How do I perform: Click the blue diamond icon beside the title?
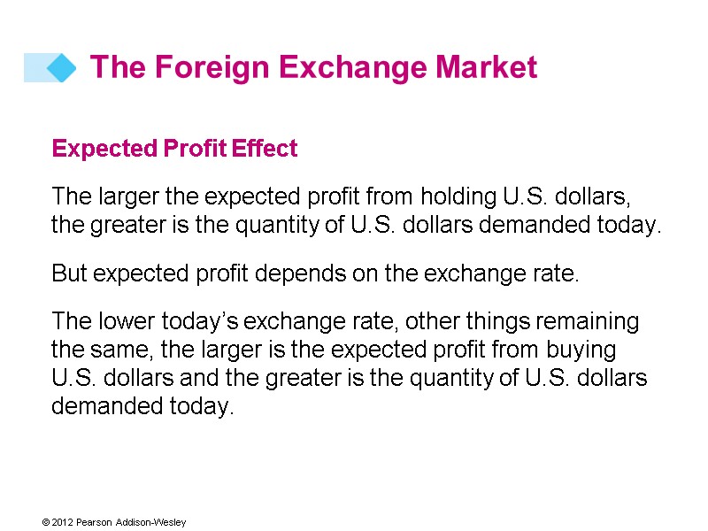click(61, 68)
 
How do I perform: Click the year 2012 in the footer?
click(61, 522)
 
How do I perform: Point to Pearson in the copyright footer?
click(95, 522)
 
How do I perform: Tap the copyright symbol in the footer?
click(45, 522)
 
